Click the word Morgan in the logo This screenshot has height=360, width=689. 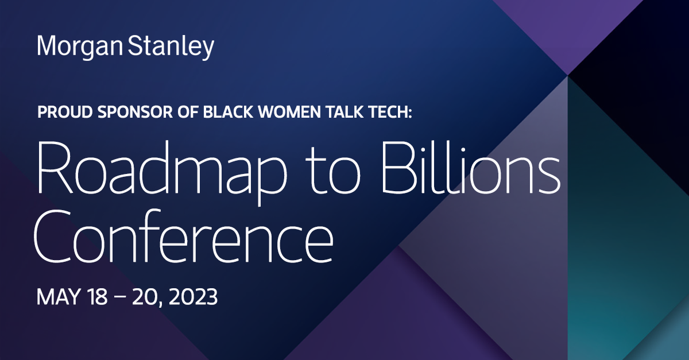click(80, 47)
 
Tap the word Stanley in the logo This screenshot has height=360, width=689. click(171, 47)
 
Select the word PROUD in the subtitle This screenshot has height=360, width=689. click(65, 112)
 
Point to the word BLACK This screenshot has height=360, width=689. click(228, 112)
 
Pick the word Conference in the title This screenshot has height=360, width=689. click(184, 236)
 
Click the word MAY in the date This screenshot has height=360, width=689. click(59, 297)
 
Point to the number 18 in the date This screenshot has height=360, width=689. click(97, 297)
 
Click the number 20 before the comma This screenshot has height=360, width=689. click(145, 297)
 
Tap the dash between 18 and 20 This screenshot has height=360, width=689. click(121, 298)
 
